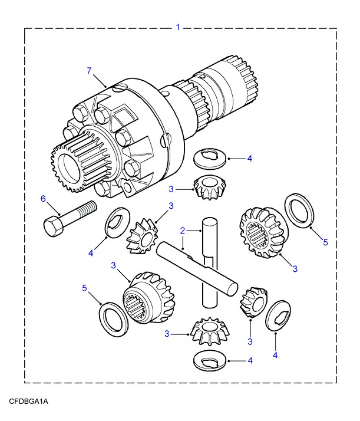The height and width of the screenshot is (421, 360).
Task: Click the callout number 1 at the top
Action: [178, 27]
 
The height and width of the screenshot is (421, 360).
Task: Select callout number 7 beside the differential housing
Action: [90, 71]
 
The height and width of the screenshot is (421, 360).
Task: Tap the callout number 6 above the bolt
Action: [42, 199]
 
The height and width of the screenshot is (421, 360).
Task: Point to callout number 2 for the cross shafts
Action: [183, 230]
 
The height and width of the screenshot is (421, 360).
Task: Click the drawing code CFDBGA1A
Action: [28, 402]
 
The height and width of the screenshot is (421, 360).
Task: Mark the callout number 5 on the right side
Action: [325, 242]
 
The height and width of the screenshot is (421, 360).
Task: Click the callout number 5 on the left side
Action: [85, 288]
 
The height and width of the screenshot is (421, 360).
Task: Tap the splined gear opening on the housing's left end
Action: [74, 169]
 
